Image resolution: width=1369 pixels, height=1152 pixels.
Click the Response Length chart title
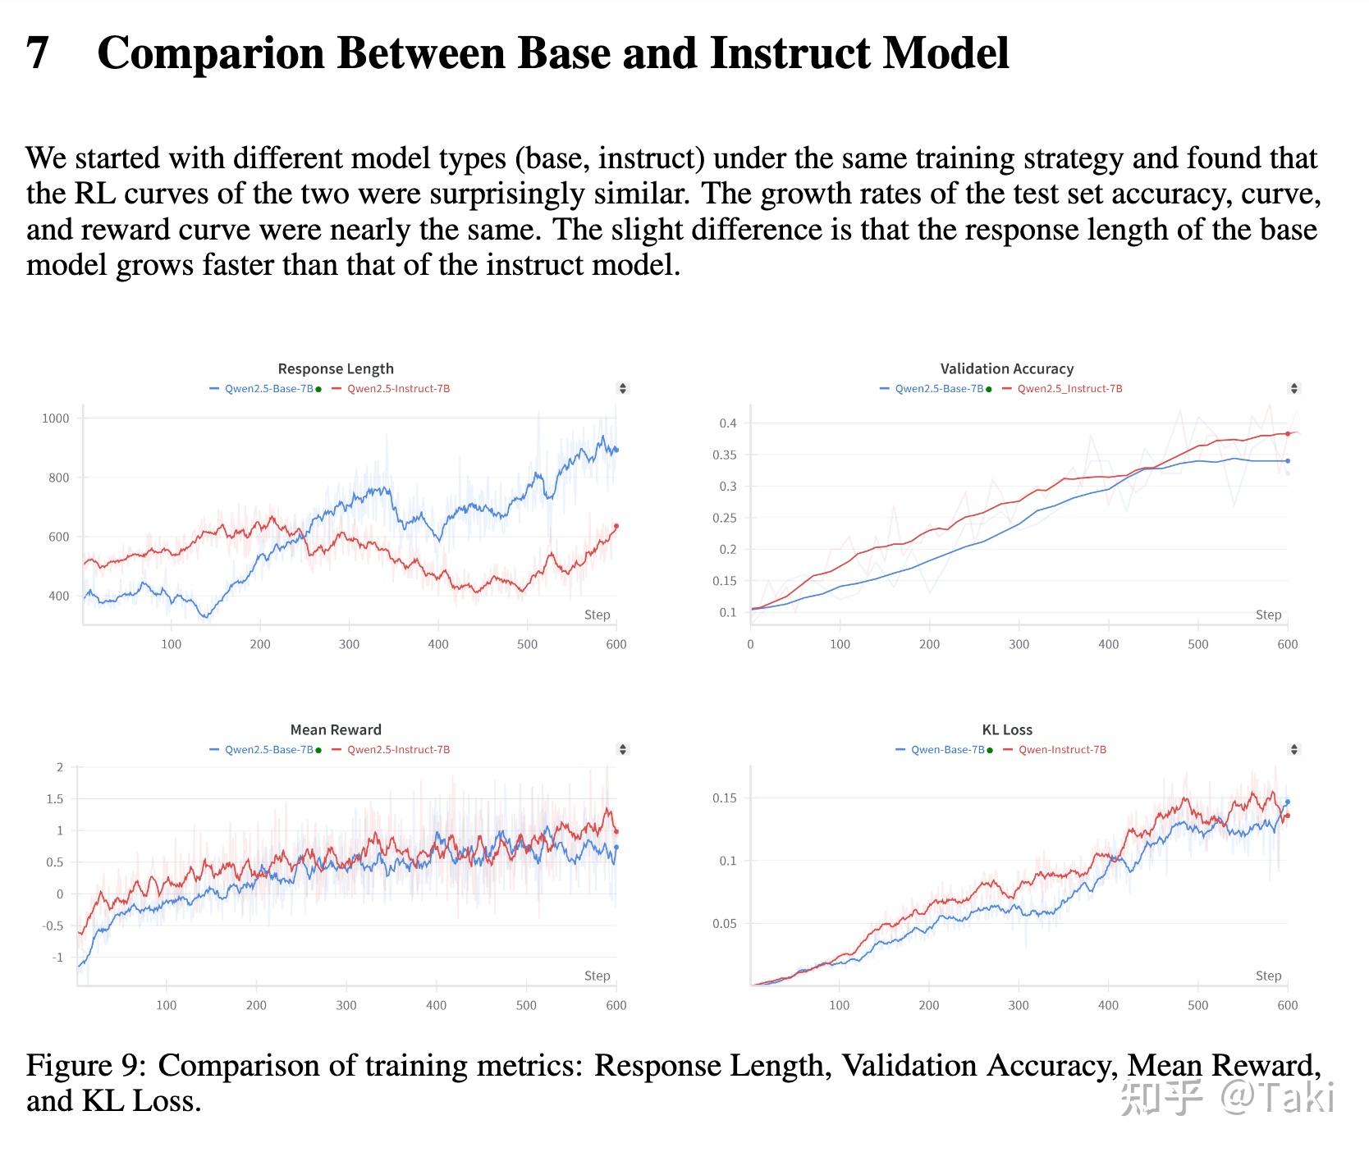[x=336, y=368]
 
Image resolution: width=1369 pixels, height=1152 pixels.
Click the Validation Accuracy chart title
[x=1006, y=368]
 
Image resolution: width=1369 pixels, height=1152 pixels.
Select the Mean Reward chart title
[x=336, y=729]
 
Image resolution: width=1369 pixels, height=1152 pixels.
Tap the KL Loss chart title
[x=1007, y=729]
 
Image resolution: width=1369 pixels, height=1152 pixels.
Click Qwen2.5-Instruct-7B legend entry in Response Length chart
[x=398, y=389]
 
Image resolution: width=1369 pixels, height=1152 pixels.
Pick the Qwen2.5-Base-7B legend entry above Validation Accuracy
[x=939, y=389]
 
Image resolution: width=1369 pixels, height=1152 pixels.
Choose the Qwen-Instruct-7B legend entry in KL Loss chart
[x=1062, y=750]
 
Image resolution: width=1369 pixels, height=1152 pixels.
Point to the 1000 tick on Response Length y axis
[x=56, y=418]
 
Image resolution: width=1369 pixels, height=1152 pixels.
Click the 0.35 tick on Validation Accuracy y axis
[x=728, y=455]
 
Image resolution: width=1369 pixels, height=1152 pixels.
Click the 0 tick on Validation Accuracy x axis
[x=750, y=645]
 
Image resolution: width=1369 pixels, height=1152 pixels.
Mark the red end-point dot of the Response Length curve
[x=616, y=526]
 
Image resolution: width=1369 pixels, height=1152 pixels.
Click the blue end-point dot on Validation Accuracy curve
[x=1288, y=461]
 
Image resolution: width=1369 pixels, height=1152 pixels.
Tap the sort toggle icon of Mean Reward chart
[x=623, y=749]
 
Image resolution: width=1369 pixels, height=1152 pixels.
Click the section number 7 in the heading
[x=38, y=53]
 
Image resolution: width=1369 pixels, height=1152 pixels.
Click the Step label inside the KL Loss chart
[x=1268, y=976]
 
